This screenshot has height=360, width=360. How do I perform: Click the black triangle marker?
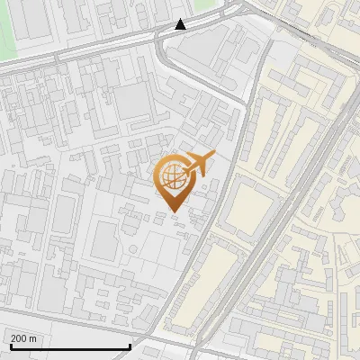pos(180,24)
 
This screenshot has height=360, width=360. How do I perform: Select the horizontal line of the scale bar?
pos(70,346)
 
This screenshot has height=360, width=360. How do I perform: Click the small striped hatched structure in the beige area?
pos(319,211)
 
